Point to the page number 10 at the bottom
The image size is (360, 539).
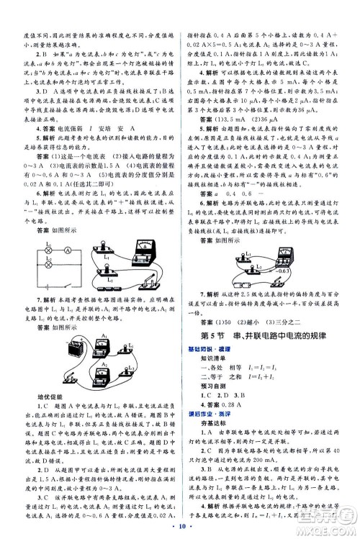[179, 530]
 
